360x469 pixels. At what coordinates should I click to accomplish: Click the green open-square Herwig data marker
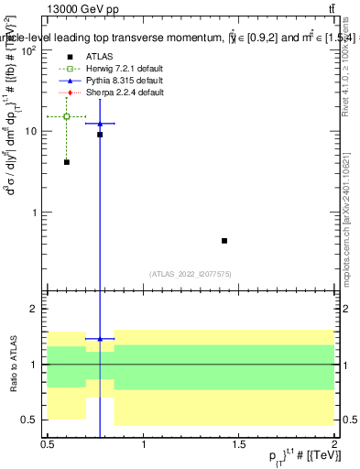click(67, 116)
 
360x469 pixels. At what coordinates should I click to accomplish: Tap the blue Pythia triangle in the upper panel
click(100, 123)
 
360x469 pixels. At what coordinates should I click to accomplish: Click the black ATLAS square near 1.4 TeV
click(224, 241)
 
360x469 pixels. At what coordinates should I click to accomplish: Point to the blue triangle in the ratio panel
click(100, 339)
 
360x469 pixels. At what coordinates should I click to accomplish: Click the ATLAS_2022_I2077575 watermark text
click(191, 273)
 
